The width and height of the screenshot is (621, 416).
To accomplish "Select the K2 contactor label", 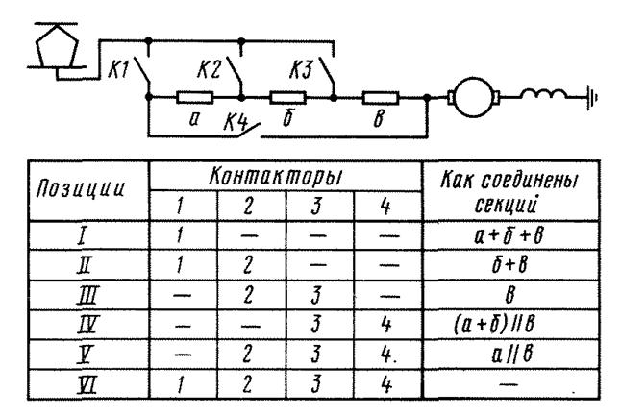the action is point(210,69).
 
